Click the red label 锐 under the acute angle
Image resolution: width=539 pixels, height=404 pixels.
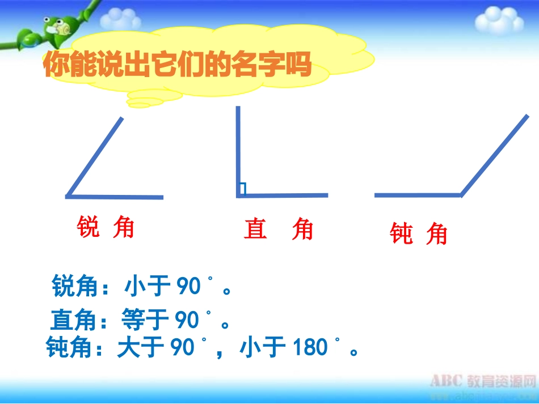point(87,228)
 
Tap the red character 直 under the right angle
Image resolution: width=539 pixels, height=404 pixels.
point(255,229)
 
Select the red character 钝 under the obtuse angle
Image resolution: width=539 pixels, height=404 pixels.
point(401,233)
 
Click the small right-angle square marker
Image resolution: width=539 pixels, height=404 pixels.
point(243,189)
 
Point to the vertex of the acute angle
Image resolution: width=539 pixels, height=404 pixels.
point(68,196)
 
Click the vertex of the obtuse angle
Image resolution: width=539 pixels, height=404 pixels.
point(461,195)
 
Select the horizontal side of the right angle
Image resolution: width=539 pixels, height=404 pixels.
point(283,195)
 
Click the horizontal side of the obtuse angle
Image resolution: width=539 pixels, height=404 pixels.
point(418,195)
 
